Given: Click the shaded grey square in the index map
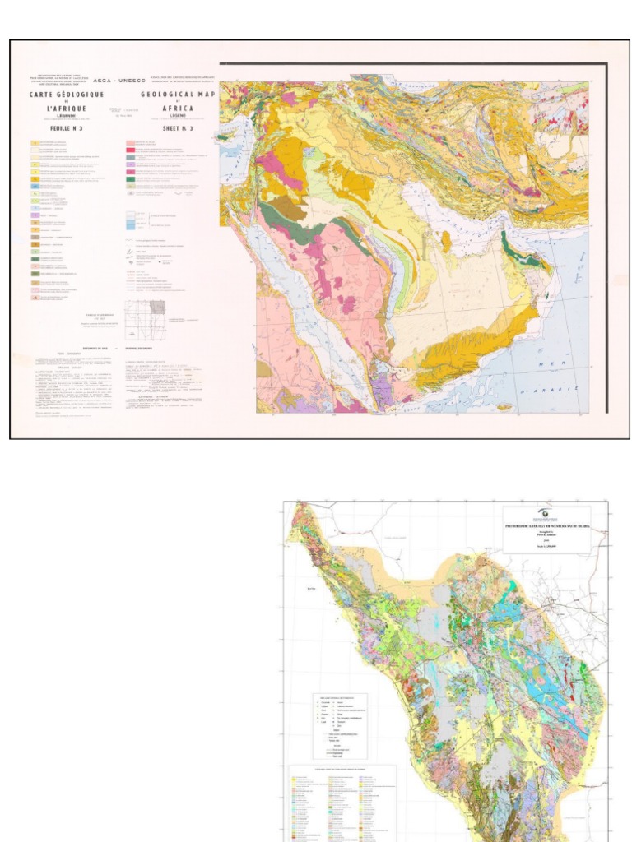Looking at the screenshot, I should (x=157, y=308).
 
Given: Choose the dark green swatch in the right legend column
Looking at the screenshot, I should (x=130, y=178).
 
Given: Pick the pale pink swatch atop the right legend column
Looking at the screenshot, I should (x=130, y=143).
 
